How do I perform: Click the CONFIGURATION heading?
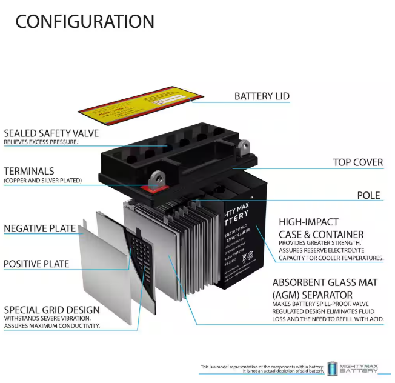(x=85, y=21)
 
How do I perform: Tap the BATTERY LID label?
(x=262, y=96)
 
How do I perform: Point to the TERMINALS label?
(x=29, y=172)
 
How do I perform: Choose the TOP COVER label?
(x=357, y=162)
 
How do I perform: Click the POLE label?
(x=368, y=195)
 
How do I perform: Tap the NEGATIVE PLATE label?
(x=40, y=229)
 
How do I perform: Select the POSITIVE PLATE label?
(x=36, y=264)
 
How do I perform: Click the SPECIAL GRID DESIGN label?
(x=51, y=310)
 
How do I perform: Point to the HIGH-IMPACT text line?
(x=308, y=222)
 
